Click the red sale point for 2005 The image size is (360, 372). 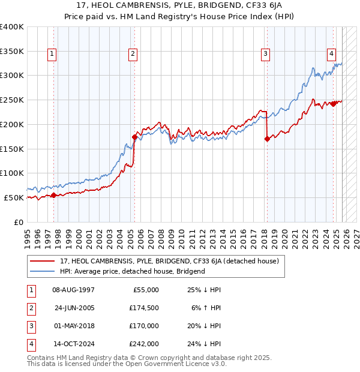pos(134,136)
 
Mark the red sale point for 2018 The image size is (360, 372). pos(266,139)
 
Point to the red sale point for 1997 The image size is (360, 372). pos(53,195)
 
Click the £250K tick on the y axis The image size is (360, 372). pos(12,100)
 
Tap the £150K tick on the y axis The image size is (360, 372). pos(12,149)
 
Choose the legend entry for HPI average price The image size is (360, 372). pos(133,271)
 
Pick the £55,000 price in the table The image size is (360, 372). pos(145,290)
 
